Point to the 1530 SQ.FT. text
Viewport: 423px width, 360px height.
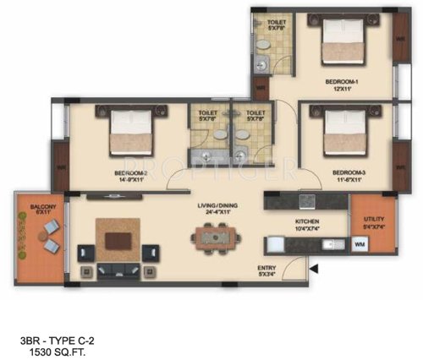[x=52, y=347]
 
